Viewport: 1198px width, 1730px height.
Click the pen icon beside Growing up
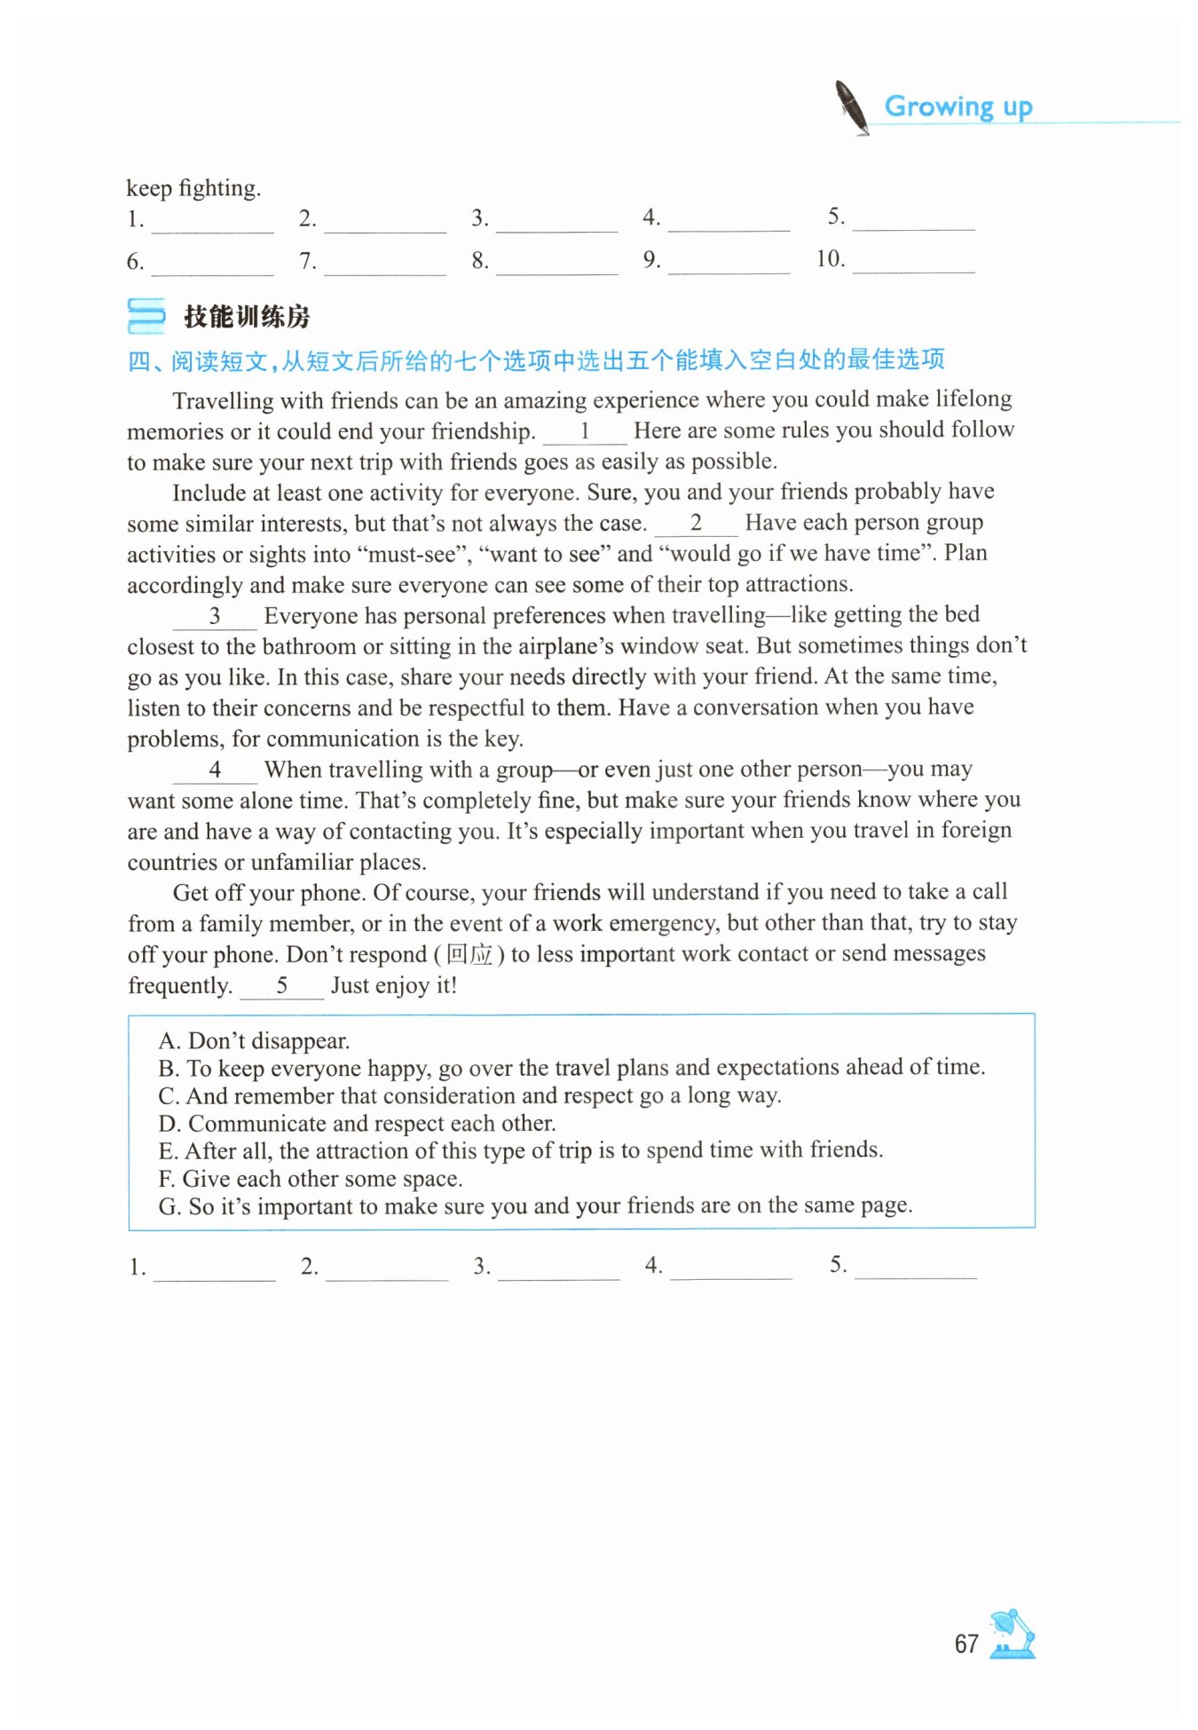pos(852,107)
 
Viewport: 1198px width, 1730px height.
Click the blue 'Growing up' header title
pos(958,107)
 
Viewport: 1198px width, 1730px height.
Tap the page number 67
pos(965,1644)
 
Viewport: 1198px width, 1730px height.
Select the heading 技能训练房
pos(247,317)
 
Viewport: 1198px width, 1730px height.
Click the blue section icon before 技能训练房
pos(146,316)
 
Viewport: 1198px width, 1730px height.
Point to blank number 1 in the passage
pos(585,432)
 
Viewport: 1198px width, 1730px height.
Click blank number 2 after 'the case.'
pos(696,525)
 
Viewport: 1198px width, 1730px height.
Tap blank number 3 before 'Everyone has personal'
pos(215,617)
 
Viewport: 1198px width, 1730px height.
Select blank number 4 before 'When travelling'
pos(215,770)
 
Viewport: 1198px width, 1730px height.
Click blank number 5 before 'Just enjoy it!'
pos(282,986)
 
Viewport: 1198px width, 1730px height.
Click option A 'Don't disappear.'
pos(254,1040)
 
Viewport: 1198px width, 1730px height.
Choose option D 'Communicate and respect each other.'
pos(357,1124)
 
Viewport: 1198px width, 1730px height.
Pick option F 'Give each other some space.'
pos(311,1179)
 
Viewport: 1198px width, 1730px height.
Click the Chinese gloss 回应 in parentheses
pos(469,955)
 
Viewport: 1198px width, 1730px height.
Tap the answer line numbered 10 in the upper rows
pos(913,262)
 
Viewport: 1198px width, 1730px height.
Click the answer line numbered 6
pos(212,264)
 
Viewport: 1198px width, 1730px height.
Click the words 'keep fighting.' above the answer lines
pos(193,188)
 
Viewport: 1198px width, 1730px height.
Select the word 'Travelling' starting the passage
pos(223,401)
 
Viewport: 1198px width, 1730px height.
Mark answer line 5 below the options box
pos(915,1268)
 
